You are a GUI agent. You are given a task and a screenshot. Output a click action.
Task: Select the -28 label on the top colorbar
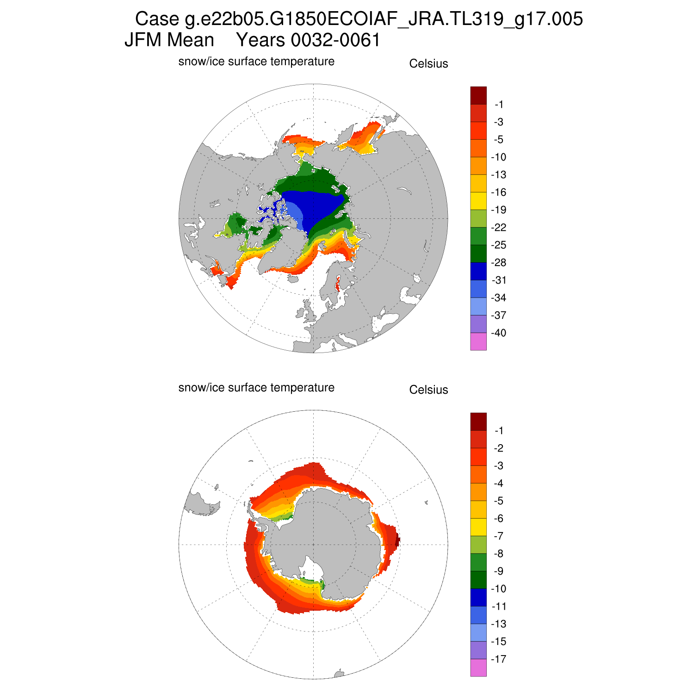pyautogui.click(x=498, y=263)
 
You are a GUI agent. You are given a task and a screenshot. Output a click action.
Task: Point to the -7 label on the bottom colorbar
pyautogui.click(x=498, y=536)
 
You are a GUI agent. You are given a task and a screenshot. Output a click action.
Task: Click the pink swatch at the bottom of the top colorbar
pyautogui.click(x=478, y=342)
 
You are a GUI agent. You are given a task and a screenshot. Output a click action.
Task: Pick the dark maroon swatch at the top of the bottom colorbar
pyautogui.click(x=478, y=421)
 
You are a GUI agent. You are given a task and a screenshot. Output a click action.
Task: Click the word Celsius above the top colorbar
pyautogui.click(x=428, y=64)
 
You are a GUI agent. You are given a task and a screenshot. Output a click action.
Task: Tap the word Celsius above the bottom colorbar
pyautogui.click(x=428, y=390)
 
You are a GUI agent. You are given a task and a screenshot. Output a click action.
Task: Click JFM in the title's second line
pyautogui.click(x=144, y=41)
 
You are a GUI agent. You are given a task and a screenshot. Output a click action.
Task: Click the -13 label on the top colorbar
pyautogui.click(x=498, y=175)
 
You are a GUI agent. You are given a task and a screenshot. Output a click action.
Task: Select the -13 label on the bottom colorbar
pyautogui.click(x=498, y=624)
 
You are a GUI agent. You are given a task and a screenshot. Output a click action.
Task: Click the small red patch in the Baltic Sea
pyautogui.click(x=338, y=283)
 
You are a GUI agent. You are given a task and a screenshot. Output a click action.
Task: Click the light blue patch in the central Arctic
pyautogui.click(x=295, y=214)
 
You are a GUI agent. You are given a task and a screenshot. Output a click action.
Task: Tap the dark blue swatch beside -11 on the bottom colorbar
pyautogui.click(x=478, y=597)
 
